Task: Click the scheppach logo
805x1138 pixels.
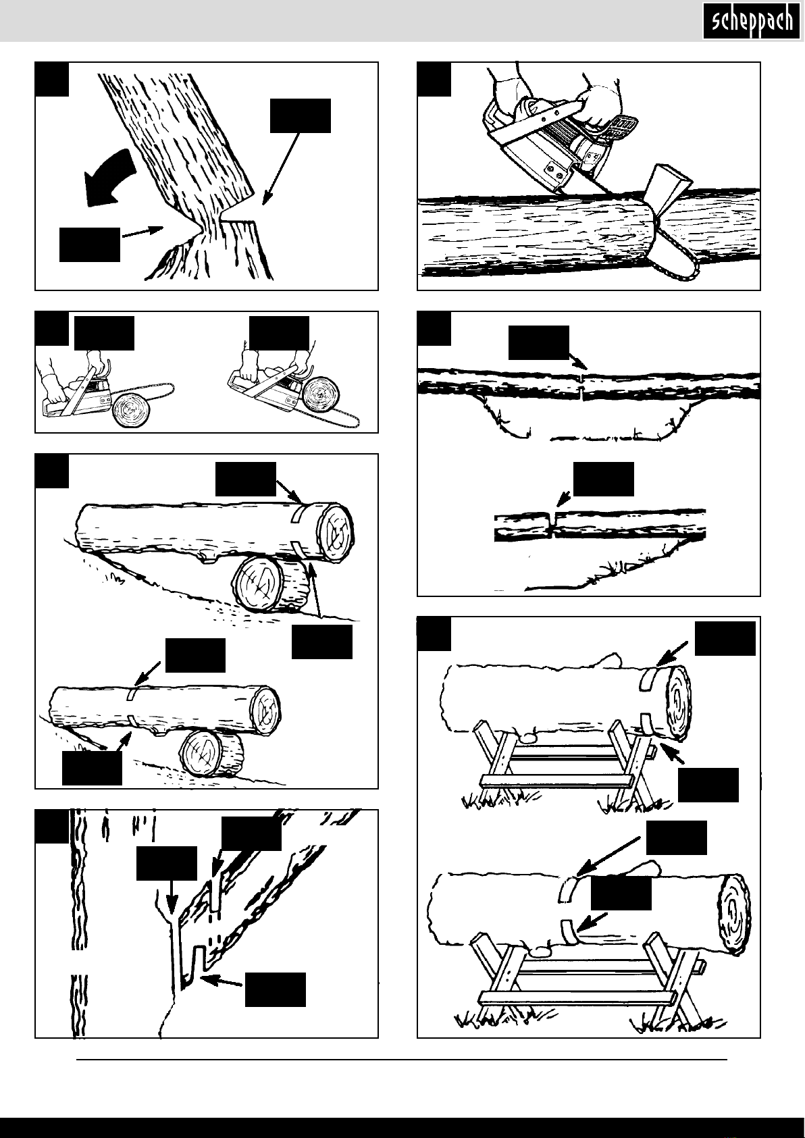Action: [x=752, y=20]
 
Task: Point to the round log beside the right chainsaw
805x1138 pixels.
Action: [x=320, y=394]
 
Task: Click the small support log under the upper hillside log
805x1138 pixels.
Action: [x=271, y=584]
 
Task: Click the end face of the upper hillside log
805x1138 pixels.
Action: [x=335, y=532]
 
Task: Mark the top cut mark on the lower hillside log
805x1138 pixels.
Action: [x=132, y=694]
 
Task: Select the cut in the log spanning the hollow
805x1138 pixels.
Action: [x=582, y=386]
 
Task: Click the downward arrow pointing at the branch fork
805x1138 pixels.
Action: [x=172, y=897]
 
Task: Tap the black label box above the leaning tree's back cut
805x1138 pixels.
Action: [x=300, y=116]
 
